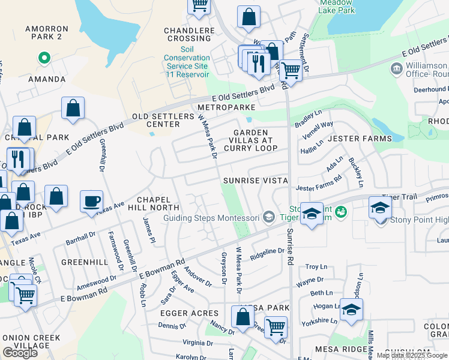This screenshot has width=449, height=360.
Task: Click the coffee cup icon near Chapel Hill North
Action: [91, 201]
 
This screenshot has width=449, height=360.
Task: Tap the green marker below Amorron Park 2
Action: [43, 58]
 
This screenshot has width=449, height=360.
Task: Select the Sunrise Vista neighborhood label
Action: [255, 181]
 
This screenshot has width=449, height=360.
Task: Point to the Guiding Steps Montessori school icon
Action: [270, 217]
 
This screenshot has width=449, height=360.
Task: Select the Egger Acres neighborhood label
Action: [189, 313]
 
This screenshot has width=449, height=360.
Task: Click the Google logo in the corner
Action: [20, 352]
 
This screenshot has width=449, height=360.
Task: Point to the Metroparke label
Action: [226, 107]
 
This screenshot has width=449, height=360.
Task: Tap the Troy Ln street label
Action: [316, 266]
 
